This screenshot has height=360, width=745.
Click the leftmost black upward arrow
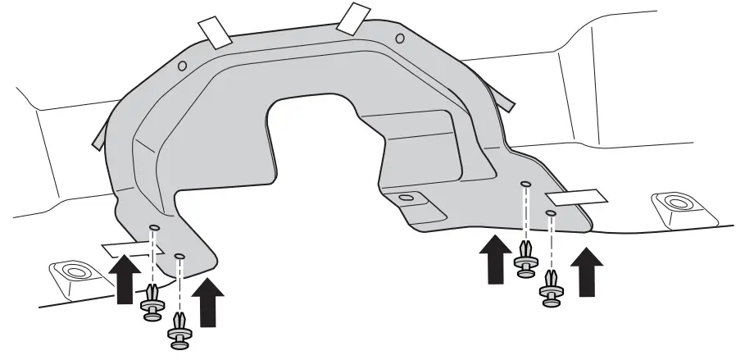click(x=123, y=279)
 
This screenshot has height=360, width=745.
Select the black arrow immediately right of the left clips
click(x=211, y=301)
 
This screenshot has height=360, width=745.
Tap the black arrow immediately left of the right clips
click(x=494, y=258)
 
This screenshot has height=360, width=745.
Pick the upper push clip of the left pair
click(x=152, y=300)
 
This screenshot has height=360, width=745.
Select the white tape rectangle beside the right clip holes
click(x=576, y=197)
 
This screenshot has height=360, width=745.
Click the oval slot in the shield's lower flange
click(x=405, y=198)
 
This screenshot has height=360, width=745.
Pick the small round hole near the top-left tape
click(x=182, y=66)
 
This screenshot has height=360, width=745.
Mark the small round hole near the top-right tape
click(x=399, y=38)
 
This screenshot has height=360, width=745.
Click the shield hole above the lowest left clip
click(x=180, y=257)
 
